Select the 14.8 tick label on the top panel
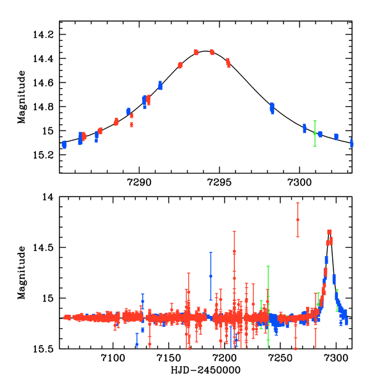click(x=45, y=107)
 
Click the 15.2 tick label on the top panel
click(x=45, y=156)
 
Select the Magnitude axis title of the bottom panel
click(x=22, y=273)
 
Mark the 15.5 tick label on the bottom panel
click(x=45, y=349)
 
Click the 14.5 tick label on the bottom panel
click(x=45, y=248)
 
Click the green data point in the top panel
click(x=314, y=133)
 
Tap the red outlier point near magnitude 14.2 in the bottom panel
click(x=298, y=220)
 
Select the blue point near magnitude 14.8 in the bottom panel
click(x=211, y=276)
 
